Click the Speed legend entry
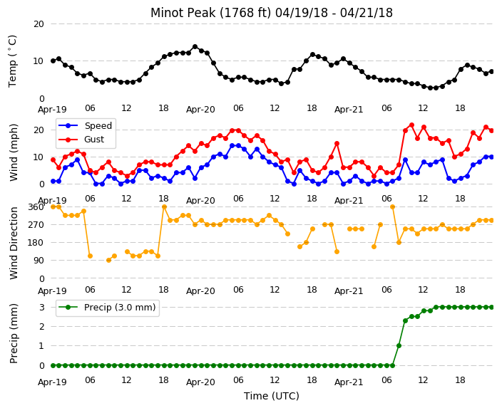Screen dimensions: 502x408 [85, 125]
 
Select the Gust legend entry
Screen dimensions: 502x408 [81, 140]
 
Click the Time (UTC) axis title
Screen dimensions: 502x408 [272, 396]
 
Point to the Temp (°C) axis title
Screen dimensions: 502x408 [12, 61]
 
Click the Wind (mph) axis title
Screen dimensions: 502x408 [14, 152]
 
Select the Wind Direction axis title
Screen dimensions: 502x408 [14, 244]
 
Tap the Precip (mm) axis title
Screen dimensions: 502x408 [14, 333]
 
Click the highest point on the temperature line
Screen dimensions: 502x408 [195, 47]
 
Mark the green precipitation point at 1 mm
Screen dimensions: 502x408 [399, 345]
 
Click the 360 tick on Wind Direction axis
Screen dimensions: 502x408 [36, 207]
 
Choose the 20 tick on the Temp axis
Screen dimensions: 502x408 [39, 24]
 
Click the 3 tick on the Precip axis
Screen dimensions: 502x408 [41, 308]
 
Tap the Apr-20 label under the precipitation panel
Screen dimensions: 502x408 [200, 382]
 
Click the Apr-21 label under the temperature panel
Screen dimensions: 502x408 [349, 110]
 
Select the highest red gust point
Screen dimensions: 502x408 [411, 125]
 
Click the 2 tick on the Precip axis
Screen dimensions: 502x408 [41, 326]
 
